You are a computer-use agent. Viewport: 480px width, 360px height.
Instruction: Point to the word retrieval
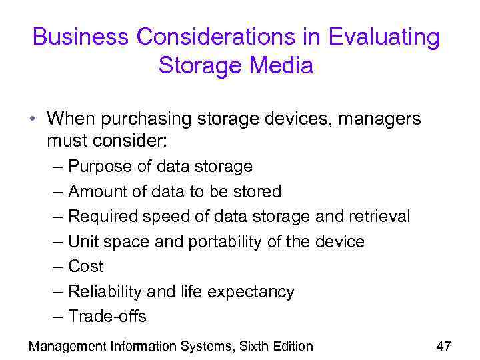click(x=379, y=217)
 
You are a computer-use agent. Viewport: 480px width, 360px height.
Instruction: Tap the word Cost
click(x=86, y=266)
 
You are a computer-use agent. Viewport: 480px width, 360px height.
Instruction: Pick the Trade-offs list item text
click(x=107, y=316)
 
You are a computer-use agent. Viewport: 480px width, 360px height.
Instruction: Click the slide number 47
click(x=443, y=345)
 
